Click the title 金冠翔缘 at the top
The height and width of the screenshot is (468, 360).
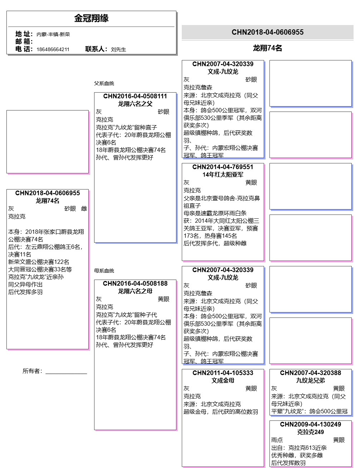point(91,18)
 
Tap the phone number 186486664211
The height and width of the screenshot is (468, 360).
point(53,49)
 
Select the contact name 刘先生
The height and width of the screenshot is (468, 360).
point(118,49)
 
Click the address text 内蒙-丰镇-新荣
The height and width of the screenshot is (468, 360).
point(53,34)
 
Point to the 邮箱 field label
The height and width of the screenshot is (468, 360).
point(24,41)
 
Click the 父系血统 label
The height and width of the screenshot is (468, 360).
point(104,83)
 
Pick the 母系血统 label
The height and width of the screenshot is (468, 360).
point(104,271)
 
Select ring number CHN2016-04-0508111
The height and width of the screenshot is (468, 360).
point(135,96)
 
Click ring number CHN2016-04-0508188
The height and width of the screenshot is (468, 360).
point(135,284)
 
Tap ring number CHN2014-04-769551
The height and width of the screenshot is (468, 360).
point(223,167)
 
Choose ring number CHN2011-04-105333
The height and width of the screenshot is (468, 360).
point(223,373)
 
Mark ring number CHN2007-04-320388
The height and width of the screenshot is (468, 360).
point(310,373)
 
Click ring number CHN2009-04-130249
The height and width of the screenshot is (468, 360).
point(310,424)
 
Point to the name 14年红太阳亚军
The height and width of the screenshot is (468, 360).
point(223,174)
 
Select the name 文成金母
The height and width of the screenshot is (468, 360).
point(223,380)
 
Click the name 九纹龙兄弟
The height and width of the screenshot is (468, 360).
point(310,380)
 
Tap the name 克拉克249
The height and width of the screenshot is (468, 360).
point(310,432)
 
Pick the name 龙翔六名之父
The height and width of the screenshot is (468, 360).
point(135,104)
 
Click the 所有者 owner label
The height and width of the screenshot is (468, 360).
point(32,371)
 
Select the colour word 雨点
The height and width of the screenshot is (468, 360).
point(277,440)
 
